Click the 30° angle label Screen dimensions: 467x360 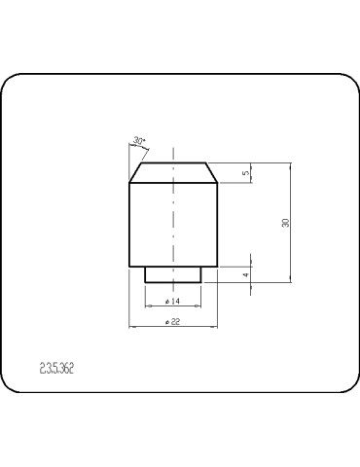[139, 142]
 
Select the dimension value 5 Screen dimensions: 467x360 [245, 173]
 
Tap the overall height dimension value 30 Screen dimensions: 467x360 [285, 223]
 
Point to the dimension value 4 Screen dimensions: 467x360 [245, 275]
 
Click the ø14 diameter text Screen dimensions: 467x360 [173, 302]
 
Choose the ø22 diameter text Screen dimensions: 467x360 [173, 321]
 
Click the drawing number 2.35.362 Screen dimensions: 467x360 [57, 369]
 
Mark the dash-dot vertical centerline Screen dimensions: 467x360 [173, 224]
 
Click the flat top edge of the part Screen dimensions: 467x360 [173, 162]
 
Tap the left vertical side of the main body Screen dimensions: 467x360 [130, 224]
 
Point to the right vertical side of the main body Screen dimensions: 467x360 [216, 224]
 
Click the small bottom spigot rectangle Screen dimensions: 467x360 [173, 274]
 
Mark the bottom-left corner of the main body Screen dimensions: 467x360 [130, 267]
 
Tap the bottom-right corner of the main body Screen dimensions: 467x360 [216, 267]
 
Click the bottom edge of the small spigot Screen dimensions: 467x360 [173, 282]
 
